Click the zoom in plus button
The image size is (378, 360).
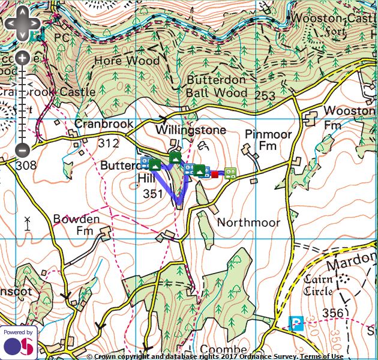[22, 58]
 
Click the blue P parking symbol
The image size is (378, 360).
[296, 323]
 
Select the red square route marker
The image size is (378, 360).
[215, 174]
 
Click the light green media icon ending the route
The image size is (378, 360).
[230, 173]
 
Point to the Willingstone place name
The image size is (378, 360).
[190, 130]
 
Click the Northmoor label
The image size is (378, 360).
[248, 223]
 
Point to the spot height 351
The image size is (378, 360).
[153, 194]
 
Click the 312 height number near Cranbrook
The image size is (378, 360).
[109, 143]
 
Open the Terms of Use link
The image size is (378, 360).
[322, 356]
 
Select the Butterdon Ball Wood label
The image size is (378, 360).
[216, 86]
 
